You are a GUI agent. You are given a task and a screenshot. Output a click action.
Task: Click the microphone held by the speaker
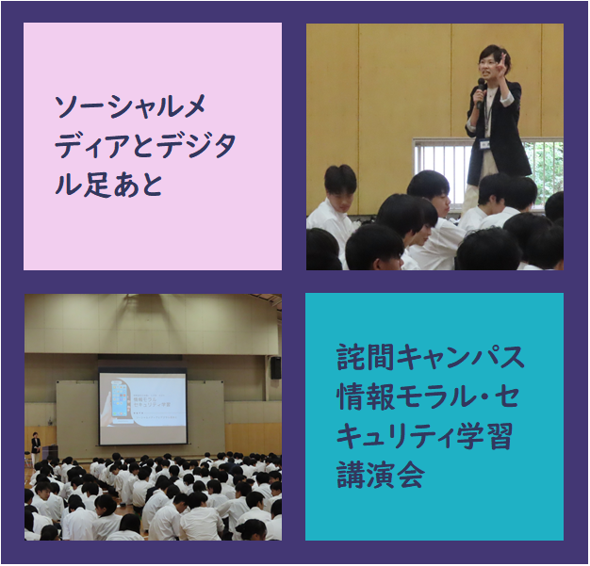point(481,92)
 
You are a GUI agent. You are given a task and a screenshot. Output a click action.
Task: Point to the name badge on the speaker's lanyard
point(484,144)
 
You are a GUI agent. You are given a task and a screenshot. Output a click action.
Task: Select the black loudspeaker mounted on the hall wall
point(275,367)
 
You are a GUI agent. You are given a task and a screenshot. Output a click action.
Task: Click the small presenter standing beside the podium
point(36,447)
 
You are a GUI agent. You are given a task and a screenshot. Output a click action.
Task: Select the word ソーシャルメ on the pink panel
point(131,106)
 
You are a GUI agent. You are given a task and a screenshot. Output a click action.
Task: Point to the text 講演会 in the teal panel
point(381,475)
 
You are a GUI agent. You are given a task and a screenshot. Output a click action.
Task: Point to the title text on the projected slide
point(152,402)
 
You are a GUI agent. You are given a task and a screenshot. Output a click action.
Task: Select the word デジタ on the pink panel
point(196,146)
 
